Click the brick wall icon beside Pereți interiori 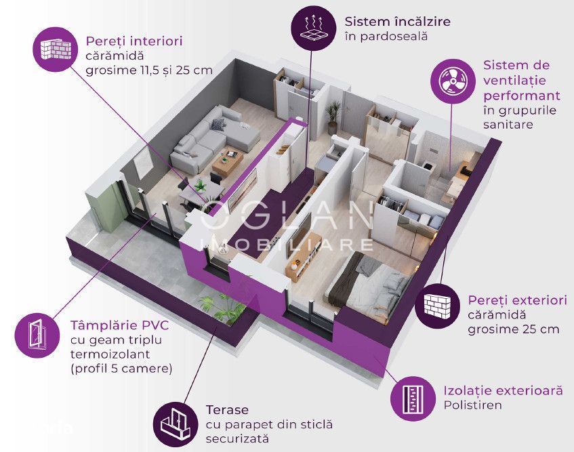click(56, 49)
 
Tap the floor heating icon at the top click(313, 28)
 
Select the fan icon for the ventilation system click(453, 81)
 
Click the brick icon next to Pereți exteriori click(437, 306)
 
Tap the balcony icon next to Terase click(176, 424)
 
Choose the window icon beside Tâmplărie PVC click(37, 335)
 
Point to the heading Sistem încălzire click(398, 22)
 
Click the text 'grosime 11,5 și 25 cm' click(149, 70)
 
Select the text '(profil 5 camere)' click(121, 368)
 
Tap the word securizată click(237, 438)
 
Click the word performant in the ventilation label click(522, 96)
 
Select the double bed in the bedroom click(370, 285)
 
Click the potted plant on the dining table click(200, 186)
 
